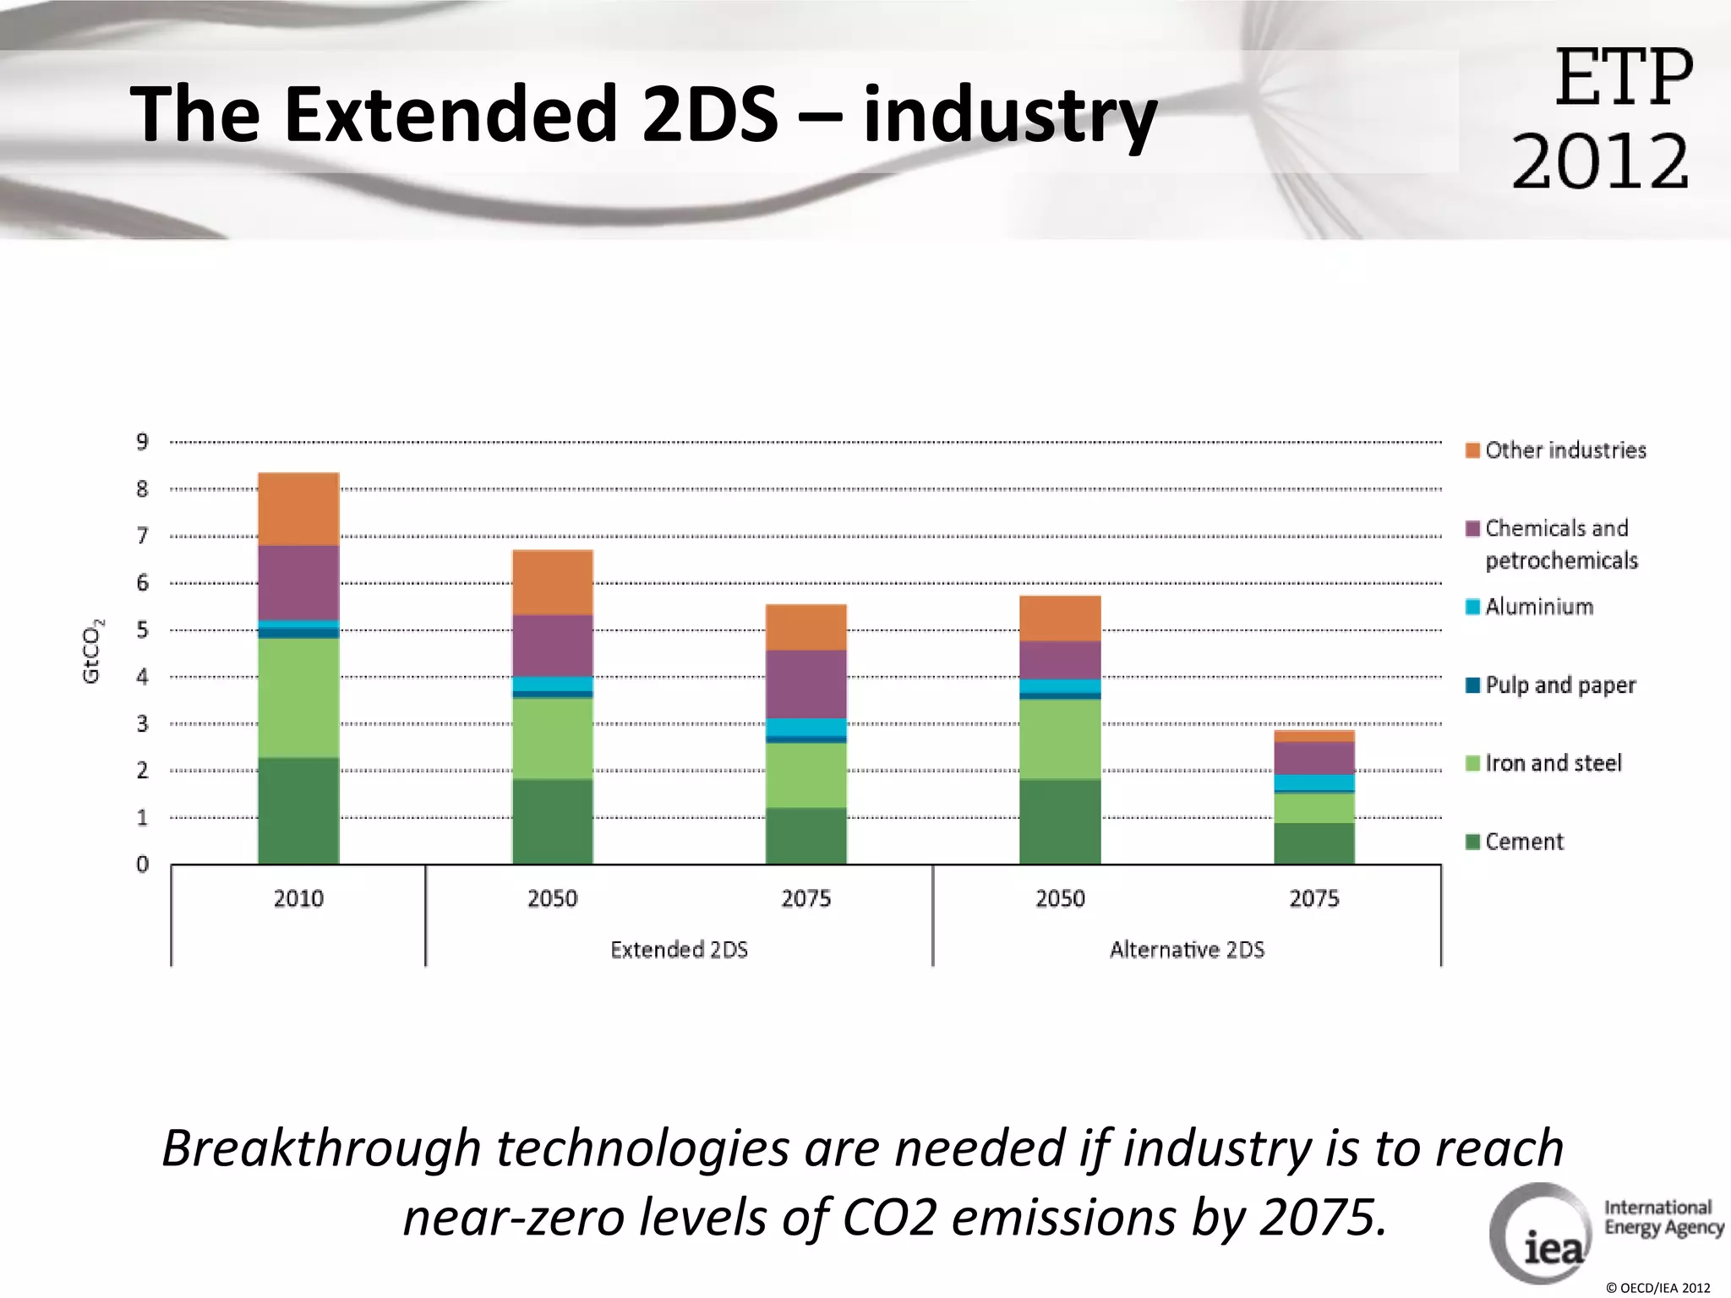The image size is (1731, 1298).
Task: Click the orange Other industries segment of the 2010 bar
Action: (x=298, y=509)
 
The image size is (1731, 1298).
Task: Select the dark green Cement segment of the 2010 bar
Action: (x=298, y=810)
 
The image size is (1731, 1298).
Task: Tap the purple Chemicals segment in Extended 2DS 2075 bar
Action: (x=805, y=684)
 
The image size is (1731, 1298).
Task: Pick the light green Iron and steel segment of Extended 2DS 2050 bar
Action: (x=552, y=738)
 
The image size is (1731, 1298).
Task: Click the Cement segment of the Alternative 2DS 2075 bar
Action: (x=1313, y=843)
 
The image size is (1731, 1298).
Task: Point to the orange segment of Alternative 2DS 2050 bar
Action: (x=1060, y=619)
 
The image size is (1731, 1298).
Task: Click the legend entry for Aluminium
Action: (x=1538, y=607)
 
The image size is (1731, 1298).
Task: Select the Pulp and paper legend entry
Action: (x=1559, y=684)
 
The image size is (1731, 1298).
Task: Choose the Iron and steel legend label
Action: (x=1553, y=763)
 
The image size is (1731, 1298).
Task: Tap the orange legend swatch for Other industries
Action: (x=1472, y=450)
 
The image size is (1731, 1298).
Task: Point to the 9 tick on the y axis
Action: (x=142, y=442)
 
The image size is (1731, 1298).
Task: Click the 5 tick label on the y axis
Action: (x=142, y=630)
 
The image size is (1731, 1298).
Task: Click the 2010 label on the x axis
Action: (x=298, y=898)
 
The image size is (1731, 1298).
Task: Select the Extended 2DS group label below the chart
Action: (x=679, y=950)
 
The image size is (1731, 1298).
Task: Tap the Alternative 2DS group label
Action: (x=1187, y=950)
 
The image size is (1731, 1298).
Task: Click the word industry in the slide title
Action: (x=1010, y=116)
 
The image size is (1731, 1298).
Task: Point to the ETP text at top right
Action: (x=1623, y=79)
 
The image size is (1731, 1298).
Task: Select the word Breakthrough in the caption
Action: (x=321, y=1149)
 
